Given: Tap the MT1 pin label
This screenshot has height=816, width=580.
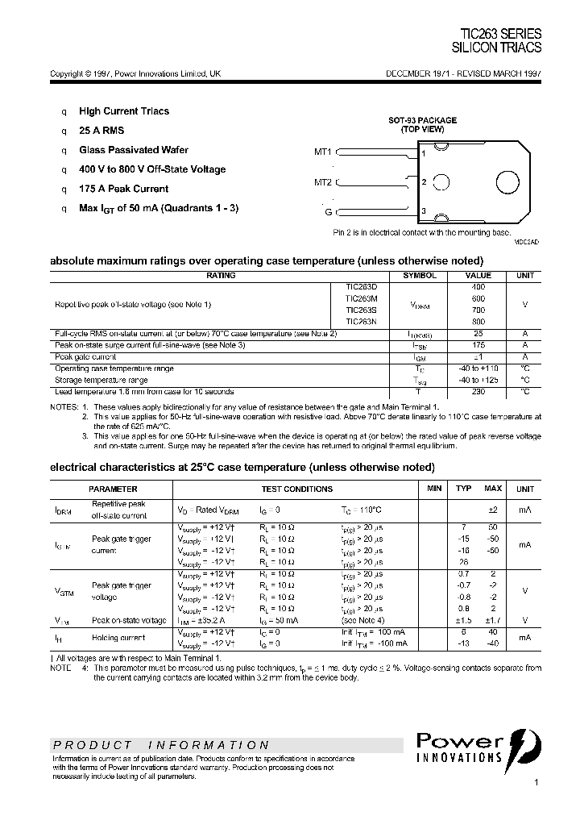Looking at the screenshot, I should tap(323, 151).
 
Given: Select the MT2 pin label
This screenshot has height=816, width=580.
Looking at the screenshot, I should tap(323, 181).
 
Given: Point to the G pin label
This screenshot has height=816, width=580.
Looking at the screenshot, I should tap(329, 212).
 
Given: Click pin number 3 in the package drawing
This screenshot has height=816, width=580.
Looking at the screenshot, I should tap(423, 211).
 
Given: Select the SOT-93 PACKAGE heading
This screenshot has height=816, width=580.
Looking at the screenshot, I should tap(422, 120).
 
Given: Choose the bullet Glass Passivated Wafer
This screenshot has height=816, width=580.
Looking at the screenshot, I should tap(134, 150).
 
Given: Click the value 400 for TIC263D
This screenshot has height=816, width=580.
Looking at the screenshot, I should tap(478, 287).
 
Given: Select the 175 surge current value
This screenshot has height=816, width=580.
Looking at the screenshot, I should tap(478, 344).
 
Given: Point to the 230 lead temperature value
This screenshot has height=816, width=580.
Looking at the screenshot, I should tap(478, 391).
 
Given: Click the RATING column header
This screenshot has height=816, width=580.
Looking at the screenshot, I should tap(221, 276).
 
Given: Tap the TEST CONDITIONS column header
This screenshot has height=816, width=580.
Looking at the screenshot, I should tap(296, 489).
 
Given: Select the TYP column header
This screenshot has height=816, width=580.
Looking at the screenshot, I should tap(463, 489).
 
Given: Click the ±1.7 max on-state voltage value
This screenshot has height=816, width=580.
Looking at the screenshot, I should tap(492, 620).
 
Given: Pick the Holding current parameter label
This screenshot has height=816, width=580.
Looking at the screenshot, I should tap(118, 638).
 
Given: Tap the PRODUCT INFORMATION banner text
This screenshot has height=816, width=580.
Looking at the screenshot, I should tap(160, 745).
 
